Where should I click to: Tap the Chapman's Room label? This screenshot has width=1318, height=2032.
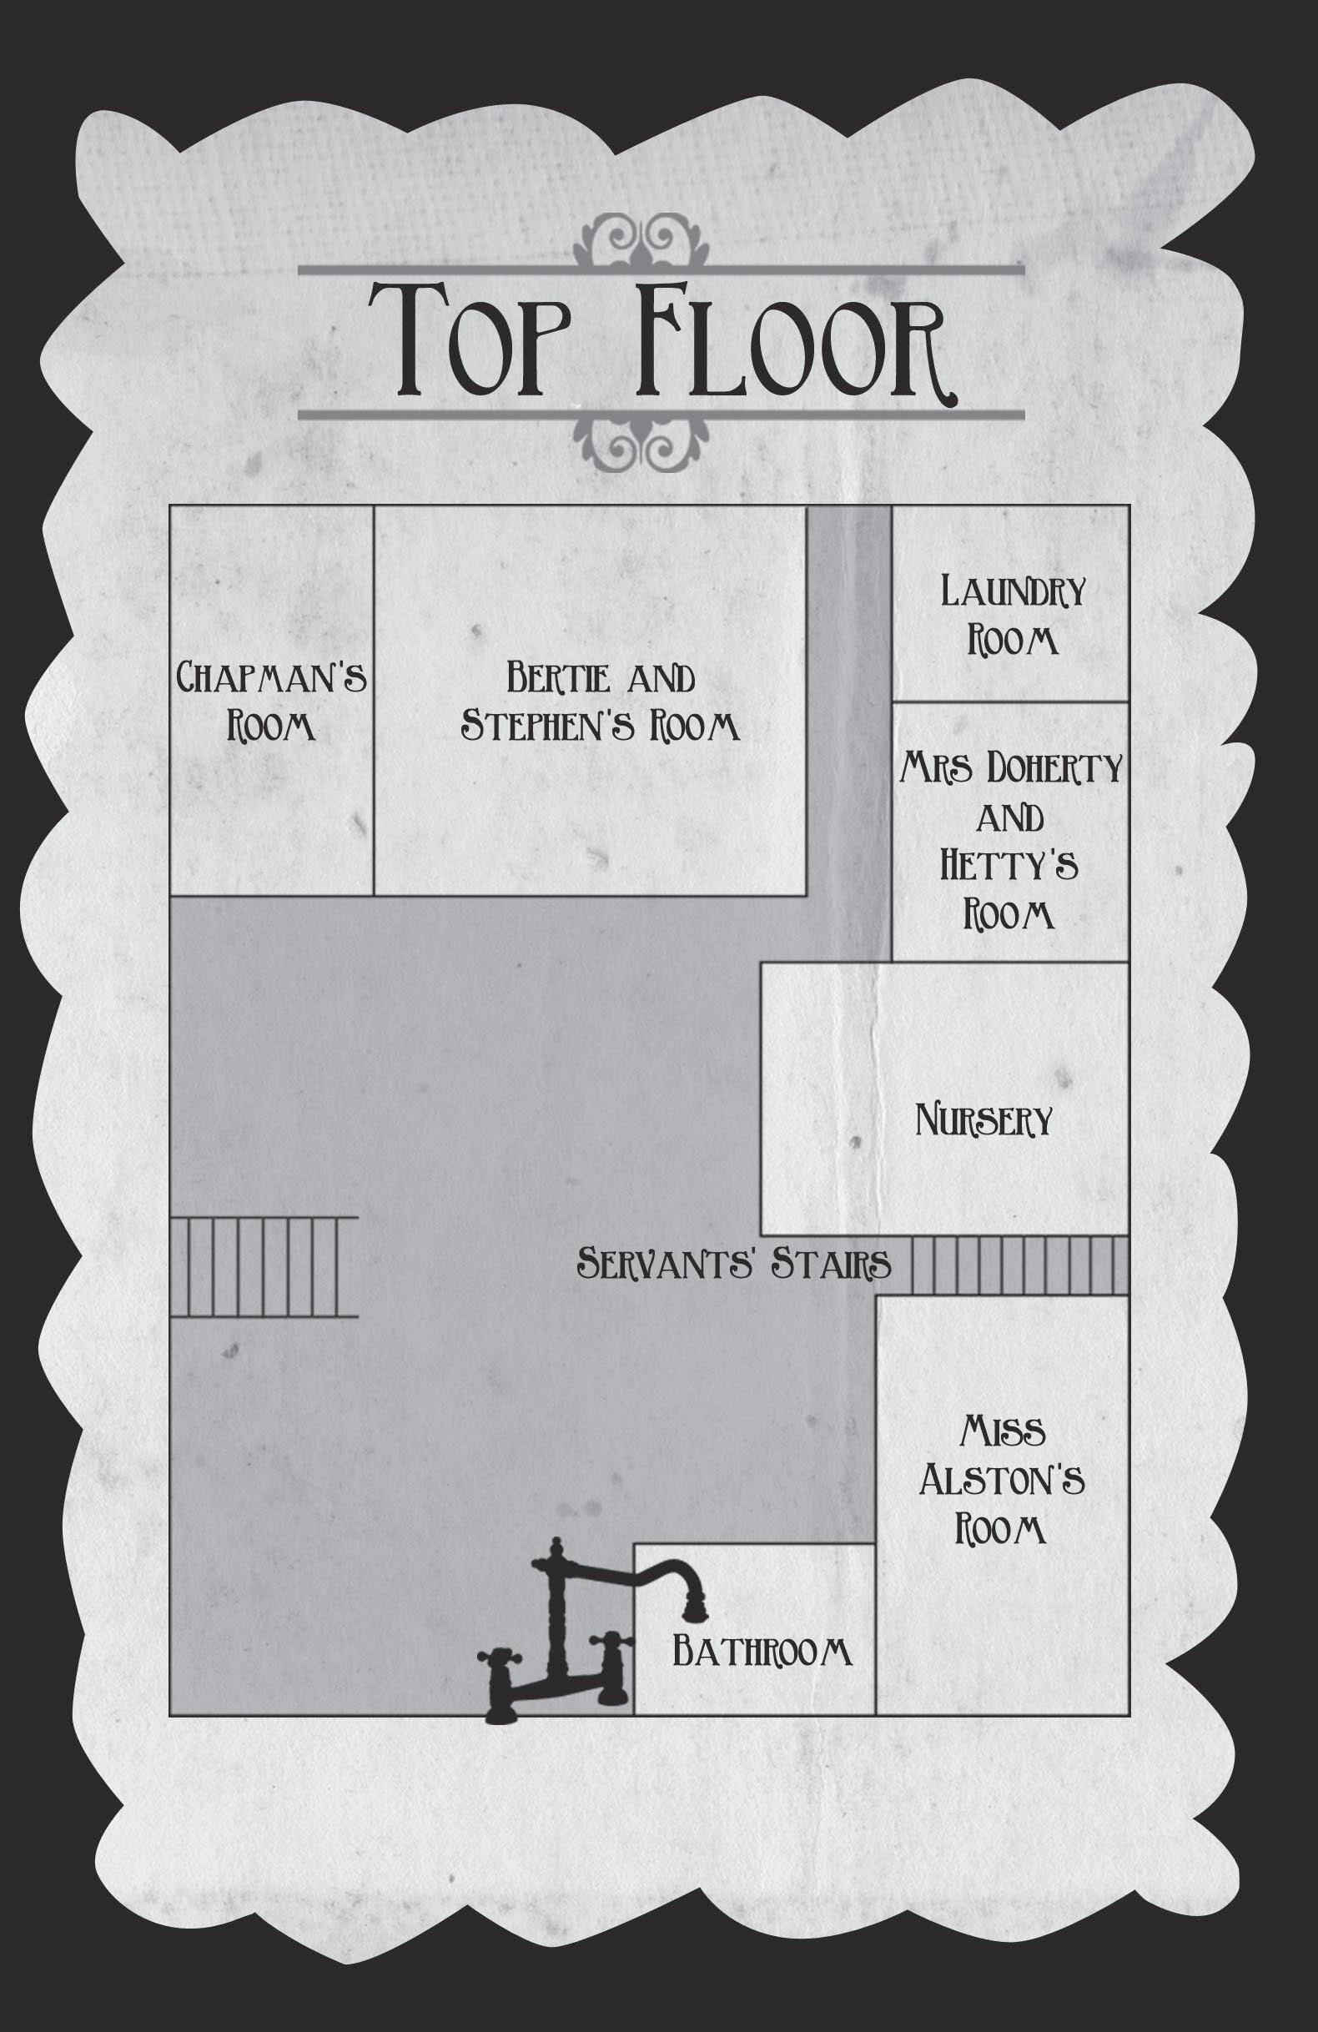[271, 701]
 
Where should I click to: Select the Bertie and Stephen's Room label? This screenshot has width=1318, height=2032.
[600, 701]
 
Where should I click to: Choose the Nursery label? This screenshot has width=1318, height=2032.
[983, 1119]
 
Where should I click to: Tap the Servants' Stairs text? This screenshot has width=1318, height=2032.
[734, 1263]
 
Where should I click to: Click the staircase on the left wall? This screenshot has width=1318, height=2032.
[263, 1266]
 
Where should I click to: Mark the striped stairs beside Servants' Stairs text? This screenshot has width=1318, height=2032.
[1020, 1265]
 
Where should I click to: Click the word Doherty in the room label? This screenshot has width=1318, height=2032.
[1054, 769]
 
